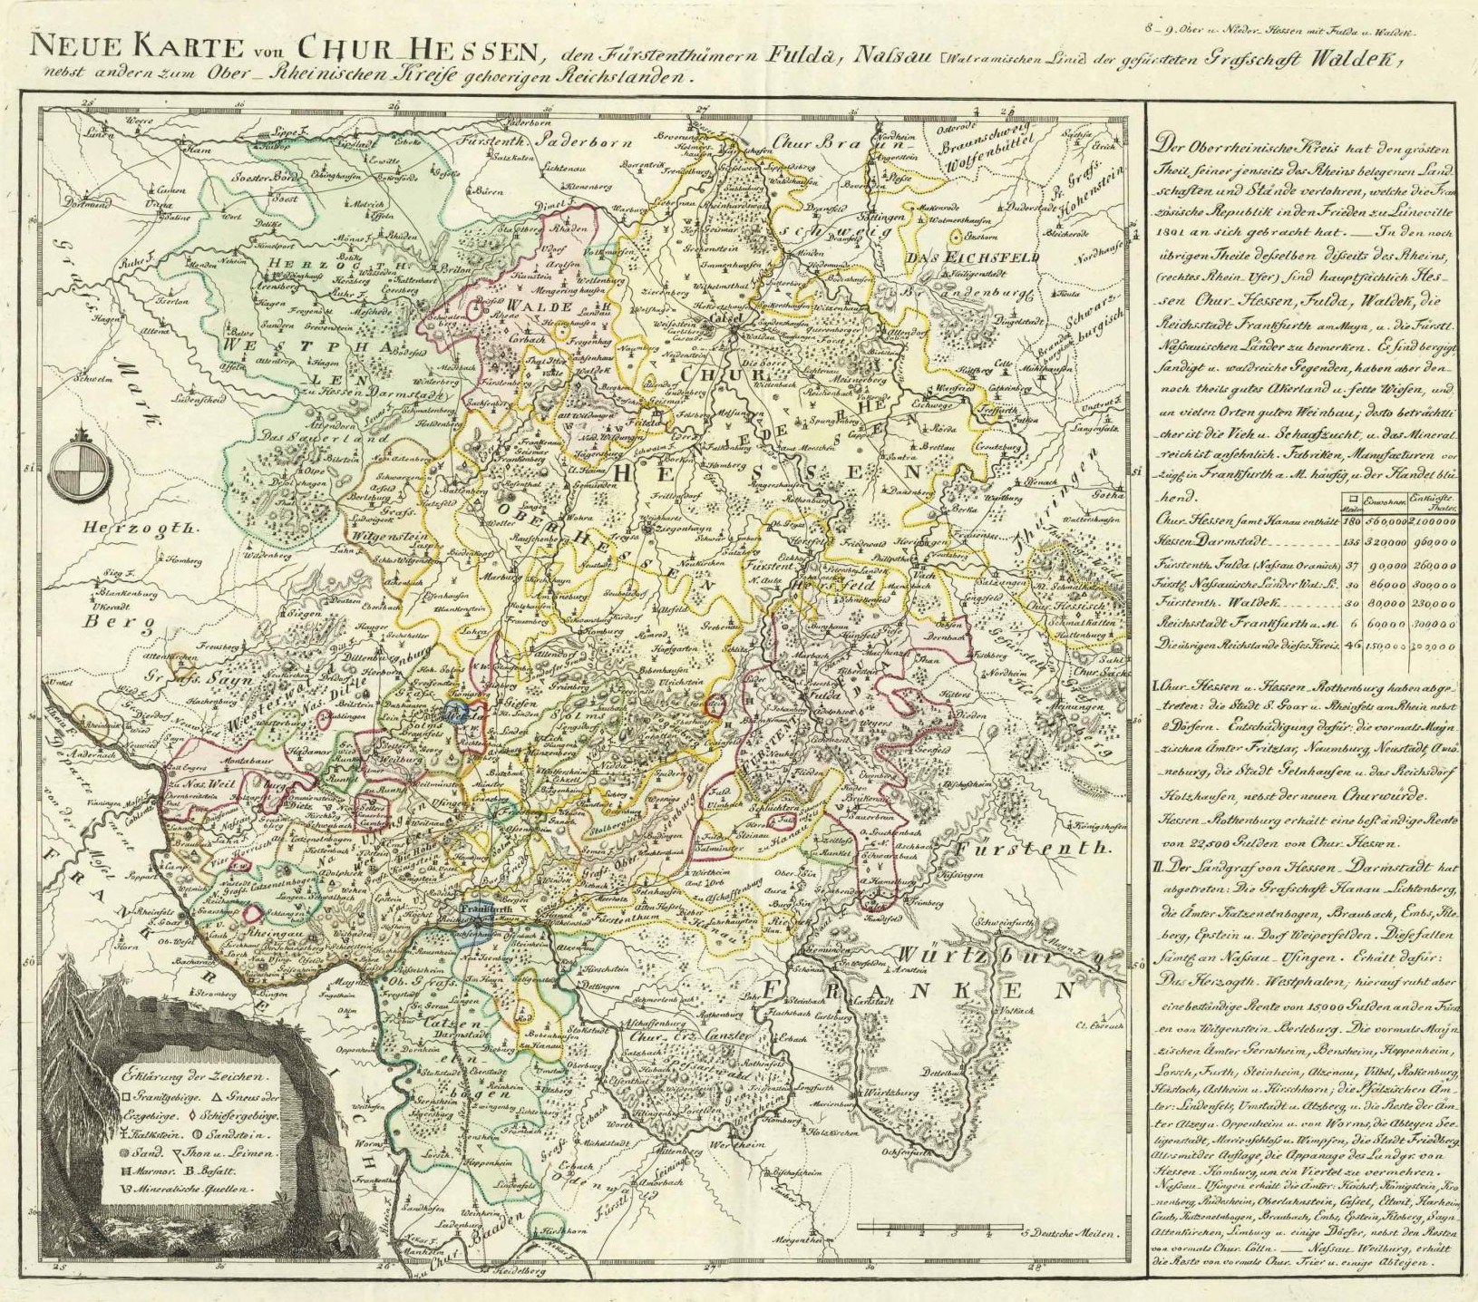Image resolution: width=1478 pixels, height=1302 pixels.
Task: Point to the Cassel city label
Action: [x=731, y=320]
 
